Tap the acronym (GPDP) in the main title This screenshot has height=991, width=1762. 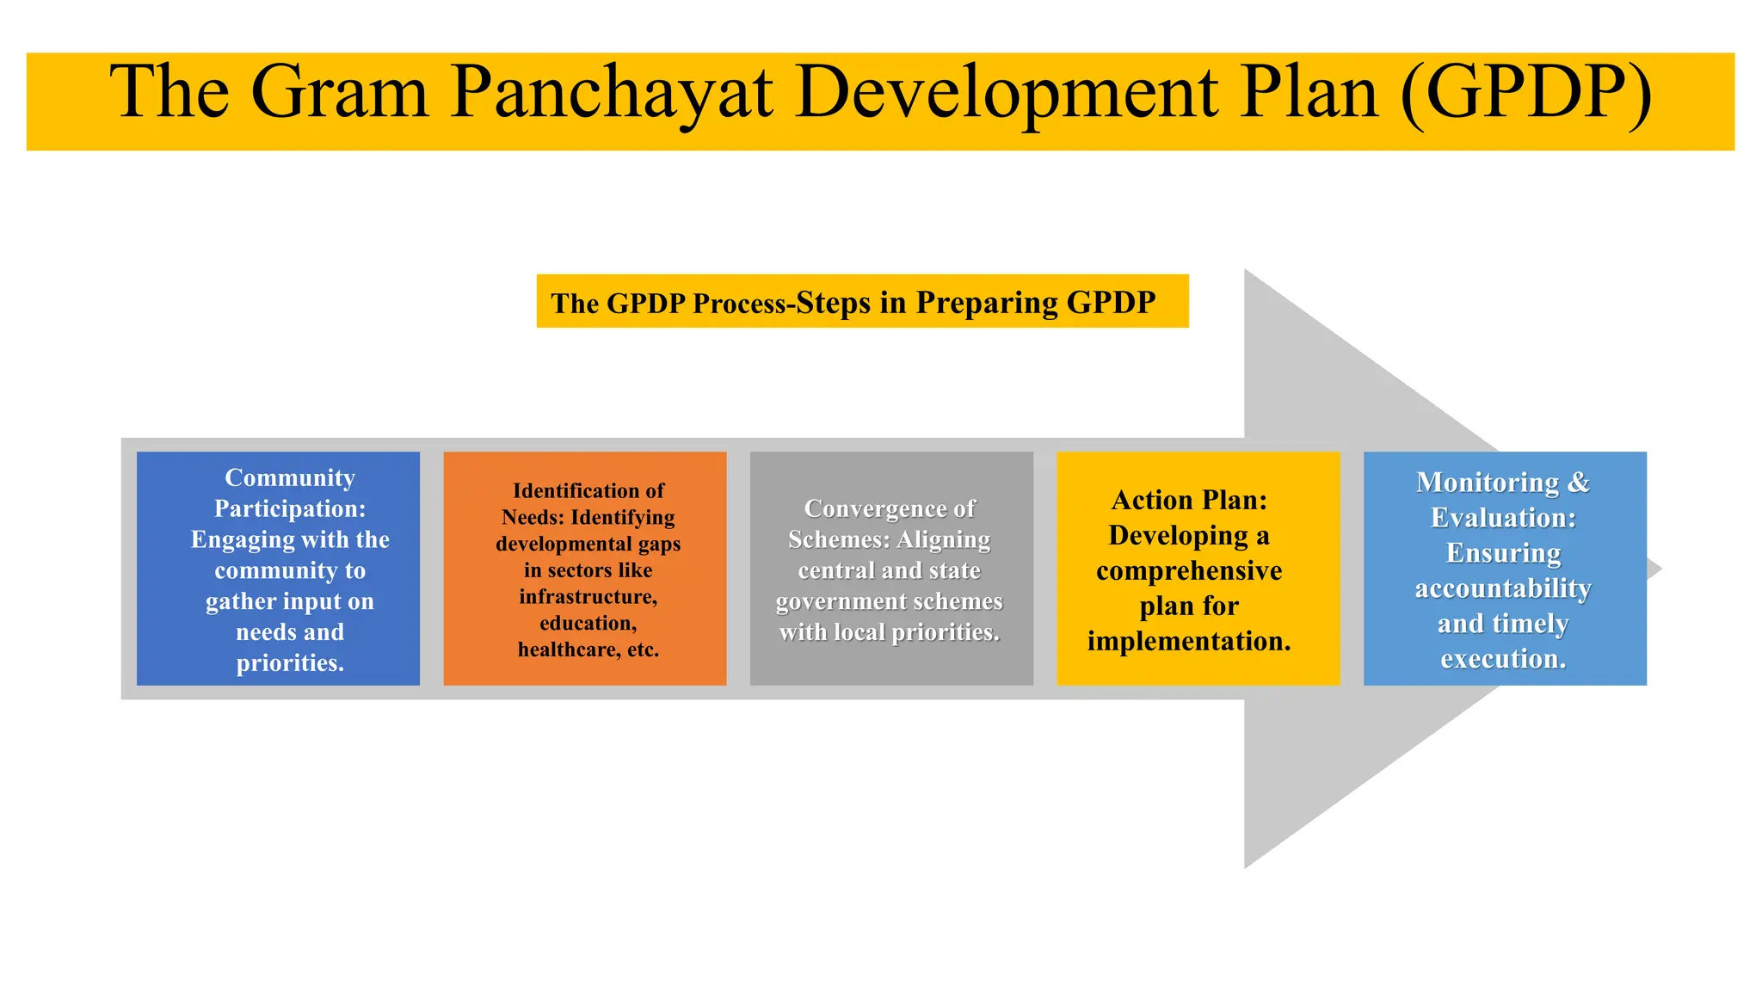point(1525,93)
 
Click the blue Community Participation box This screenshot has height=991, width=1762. point(278,569)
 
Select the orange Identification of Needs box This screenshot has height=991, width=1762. point(585,569)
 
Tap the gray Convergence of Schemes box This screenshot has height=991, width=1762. point(891,569)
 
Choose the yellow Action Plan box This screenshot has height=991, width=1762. point(1198,569)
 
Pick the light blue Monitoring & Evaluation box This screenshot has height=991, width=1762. point(1505,569)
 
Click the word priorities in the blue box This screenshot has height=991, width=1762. point(290,663)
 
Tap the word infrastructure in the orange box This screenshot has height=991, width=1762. point(588,596)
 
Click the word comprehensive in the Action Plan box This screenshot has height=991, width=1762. point(1189,571)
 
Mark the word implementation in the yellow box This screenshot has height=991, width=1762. point(1189,641)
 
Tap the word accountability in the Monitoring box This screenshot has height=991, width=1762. point(1503,588)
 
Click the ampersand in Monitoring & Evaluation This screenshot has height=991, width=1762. point(1579,483)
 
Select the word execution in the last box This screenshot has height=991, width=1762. point(1503,659)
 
